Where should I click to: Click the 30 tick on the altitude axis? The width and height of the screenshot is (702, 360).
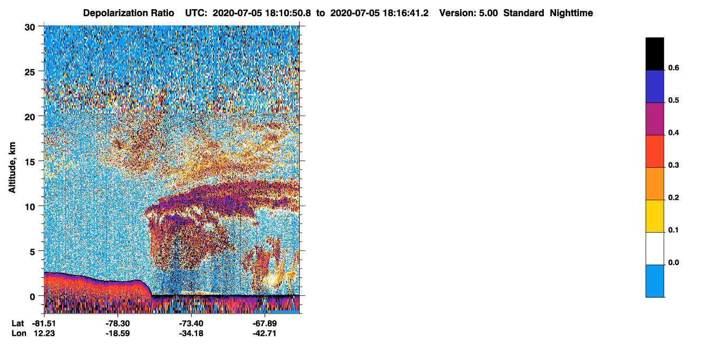30,28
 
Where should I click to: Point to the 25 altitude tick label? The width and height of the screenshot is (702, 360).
30,72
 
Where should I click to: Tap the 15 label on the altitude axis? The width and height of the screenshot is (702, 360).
30,162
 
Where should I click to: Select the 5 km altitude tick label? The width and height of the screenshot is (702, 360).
32,252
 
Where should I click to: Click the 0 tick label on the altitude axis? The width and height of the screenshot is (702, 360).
32,297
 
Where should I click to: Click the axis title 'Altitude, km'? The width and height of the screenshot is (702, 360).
12,168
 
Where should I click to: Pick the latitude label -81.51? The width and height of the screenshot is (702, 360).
44,323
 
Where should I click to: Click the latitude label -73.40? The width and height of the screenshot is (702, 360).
191,323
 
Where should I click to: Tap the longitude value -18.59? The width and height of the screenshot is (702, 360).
118,333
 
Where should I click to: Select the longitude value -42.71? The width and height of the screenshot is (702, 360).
265,333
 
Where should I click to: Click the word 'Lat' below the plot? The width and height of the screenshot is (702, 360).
18,323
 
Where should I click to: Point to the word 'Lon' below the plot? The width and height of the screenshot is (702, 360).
19,333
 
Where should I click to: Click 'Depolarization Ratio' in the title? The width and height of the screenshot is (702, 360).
129,13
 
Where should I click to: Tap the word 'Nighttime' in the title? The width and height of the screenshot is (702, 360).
571,13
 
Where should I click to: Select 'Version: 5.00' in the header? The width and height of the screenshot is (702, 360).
469,13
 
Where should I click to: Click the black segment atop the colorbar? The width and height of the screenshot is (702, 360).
654,54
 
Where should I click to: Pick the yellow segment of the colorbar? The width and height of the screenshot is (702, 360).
654,216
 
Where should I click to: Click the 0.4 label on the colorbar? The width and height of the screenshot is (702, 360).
673,133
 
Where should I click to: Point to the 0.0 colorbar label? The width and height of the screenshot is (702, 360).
673,262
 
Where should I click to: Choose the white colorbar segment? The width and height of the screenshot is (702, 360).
654,249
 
